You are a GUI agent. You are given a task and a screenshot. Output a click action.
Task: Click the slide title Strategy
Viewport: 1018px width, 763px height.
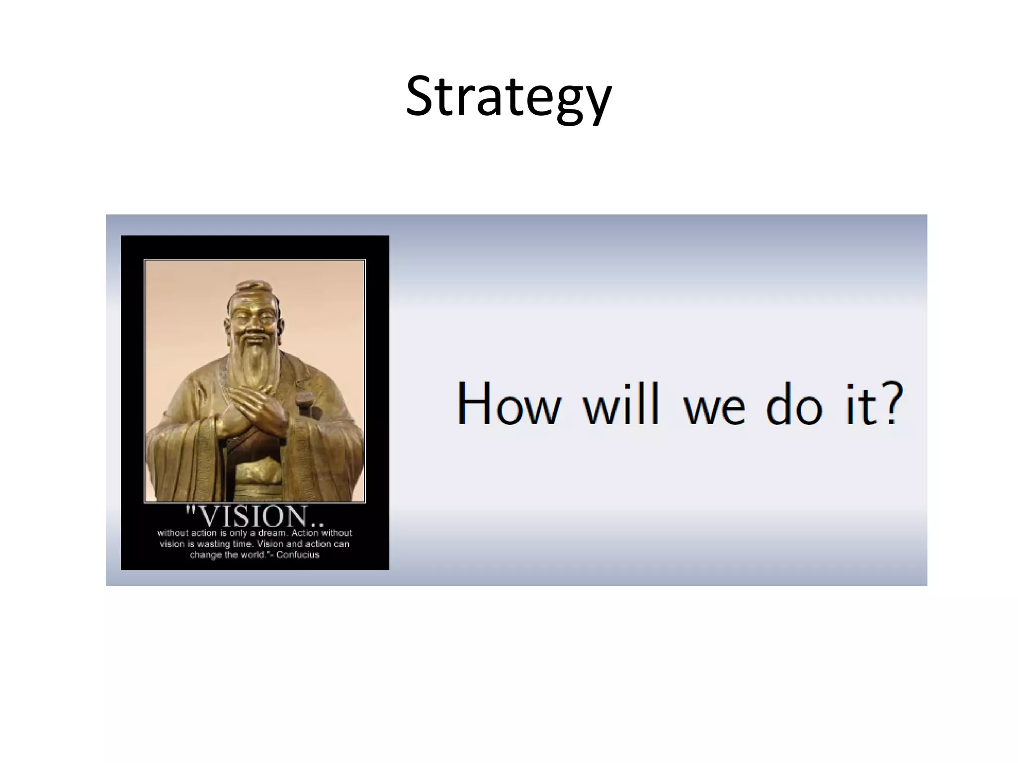click(508, 97)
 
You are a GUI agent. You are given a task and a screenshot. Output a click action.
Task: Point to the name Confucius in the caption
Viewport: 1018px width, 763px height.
click(298, 555)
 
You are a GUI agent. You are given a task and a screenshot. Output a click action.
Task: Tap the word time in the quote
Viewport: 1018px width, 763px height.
click(242, 544)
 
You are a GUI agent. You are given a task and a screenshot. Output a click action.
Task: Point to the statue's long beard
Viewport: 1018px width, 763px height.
click(255, 368)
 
